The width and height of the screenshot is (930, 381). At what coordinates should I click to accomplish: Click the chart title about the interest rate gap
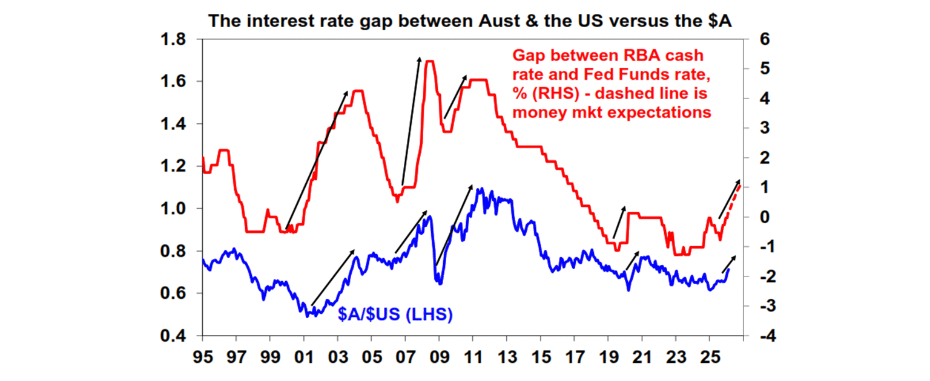[x=470, y=21]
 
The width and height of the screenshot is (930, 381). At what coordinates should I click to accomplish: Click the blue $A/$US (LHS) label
[x=395, y=314]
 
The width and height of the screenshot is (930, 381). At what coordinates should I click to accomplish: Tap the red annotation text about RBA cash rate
[x=610, y=84]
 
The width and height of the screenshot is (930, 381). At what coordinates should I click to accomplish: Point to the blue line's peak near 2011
[x=480, y=189]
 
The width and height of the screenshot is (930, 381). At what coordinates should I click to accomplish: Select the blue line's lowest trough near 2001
[x=307, y=314]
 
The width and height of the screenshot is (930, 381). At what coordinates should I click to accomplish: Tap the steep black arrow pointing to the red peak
[x=411, y=121]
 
